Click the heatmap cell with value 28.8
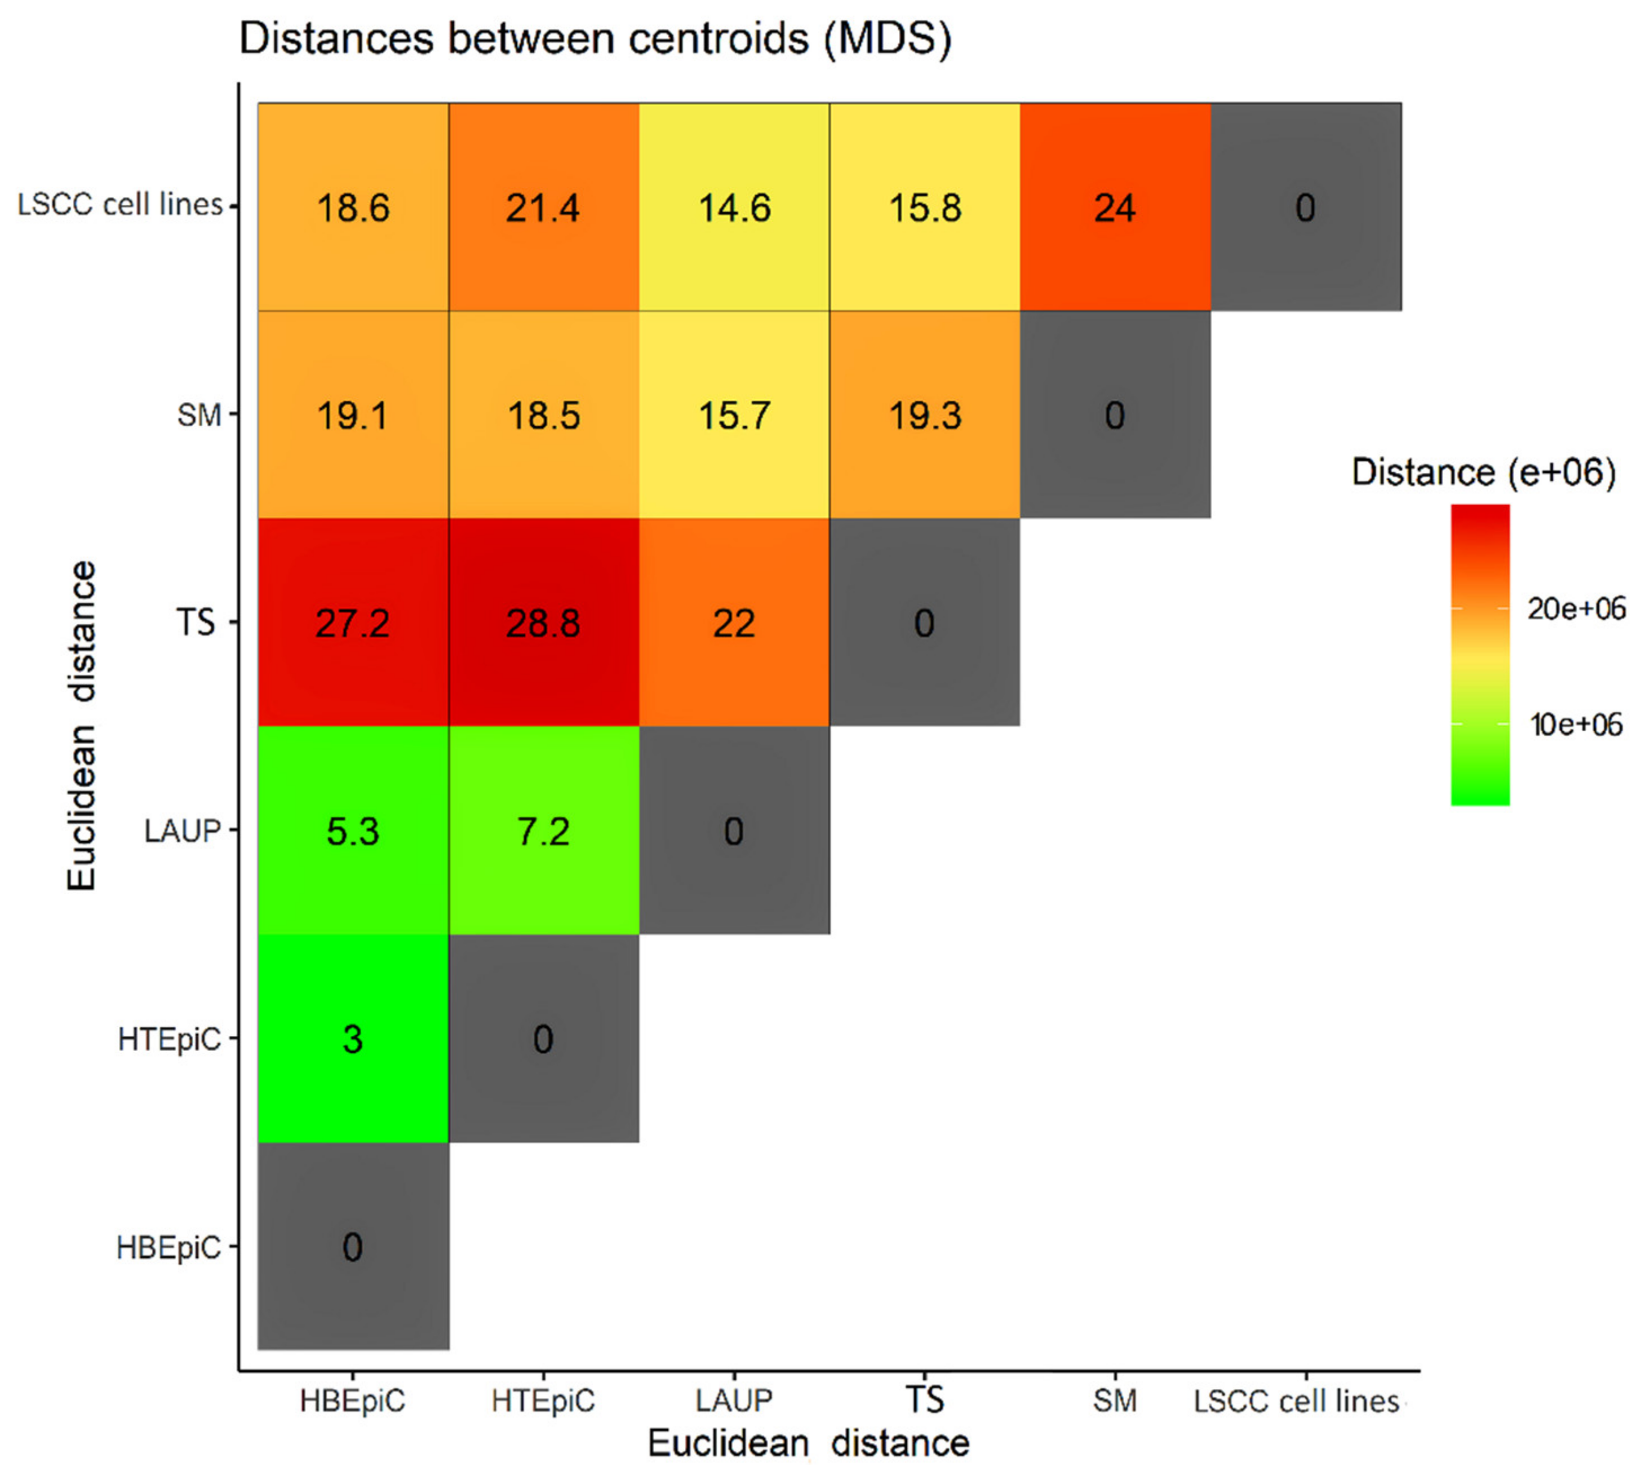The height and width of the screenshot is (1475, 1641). pos(543,622)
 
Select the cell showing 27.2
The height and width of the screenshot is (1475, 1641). pos(353,622)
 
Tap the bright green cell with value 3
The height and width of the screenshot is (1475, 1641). pos(353,1038)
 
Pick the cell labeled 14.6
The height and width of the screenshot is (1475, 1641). pos(734,207)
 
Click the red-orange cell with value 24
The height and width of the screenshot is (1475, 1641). pos(1115,207)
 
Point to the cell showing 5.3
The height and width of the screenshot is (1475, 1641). pos(353,831)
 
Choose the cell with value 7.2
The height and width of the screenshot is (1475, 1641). pos(543,831)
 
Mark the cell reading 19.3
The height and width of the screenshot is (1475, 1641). pos(924,415)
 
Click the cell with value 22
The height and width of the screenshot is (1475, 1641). pos(734,622)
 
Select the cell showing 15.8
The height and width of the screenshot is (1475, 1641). pos(924,207)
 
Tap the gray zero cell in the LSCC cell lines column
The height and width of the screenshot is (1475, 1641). pos(1305,207)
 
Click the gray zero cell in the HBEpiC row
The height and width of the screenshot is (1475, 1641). pos(353,1247)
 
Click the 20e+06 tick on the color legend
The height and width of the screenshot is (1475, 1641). pos(1576,608)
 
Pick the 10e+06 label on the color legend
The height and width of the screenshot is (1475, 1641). pos(1576,725)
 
